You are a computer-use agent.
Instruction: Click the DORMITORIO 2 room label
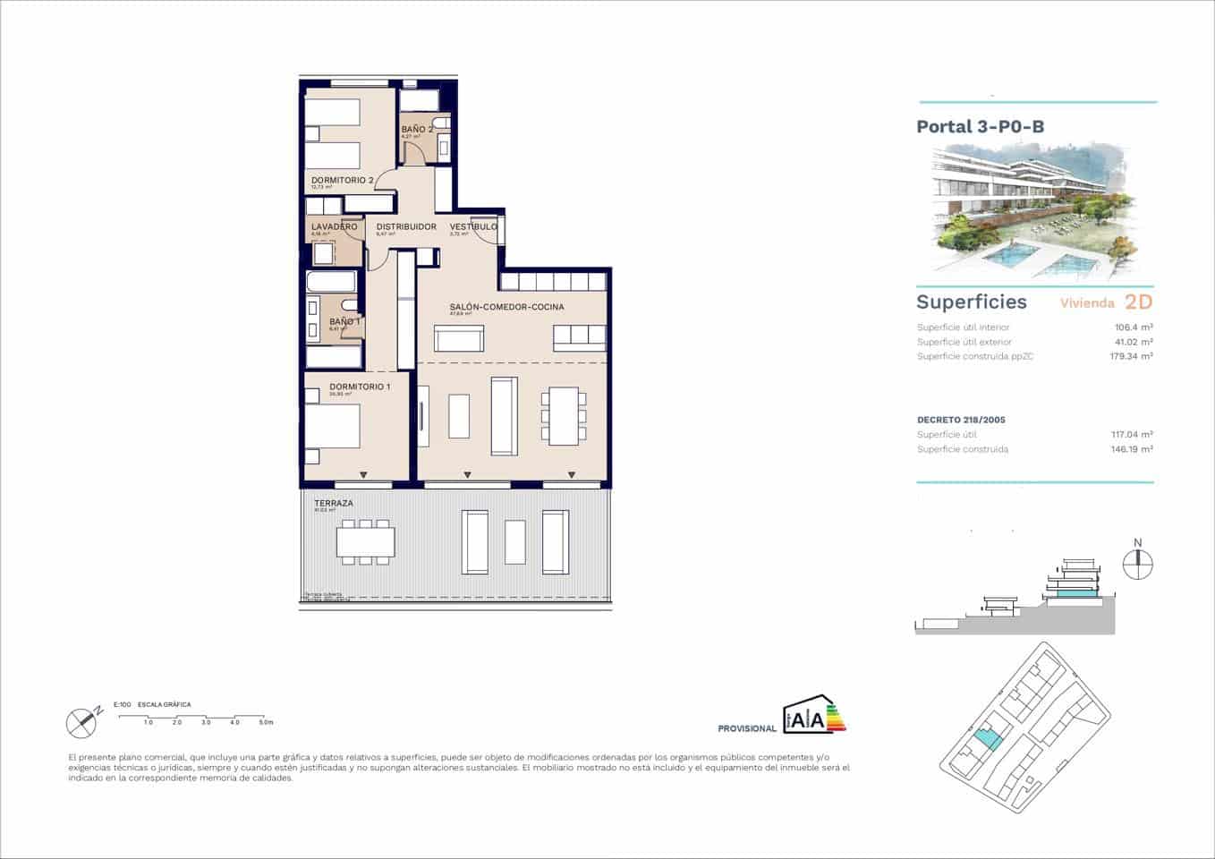342,180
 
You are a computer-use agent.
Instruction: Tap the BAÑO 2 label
417,130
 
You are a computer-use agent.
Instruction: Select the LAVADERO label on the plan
334,227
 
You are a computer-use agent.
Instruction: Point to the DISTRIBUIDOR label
406,227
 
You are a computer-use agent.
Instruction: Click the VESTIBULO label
473,227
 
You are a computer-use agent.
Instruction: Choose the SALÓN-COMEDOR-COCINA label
506,307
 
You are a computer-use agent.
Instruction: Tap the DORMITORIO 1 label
360,387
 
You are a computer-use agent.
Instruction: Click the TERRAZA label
333,504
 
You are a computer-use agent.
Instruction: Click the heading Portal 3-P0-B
980,126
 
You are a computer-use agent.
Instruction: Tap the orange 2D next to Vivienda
1138,302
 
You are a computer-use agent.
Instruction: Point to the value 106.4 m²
1134,327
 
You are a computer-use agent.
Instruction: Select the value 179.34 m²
1131,356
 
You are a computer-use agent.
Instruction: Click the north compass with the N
1138,563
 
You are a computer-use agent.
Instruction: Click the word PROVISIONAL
747,729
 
